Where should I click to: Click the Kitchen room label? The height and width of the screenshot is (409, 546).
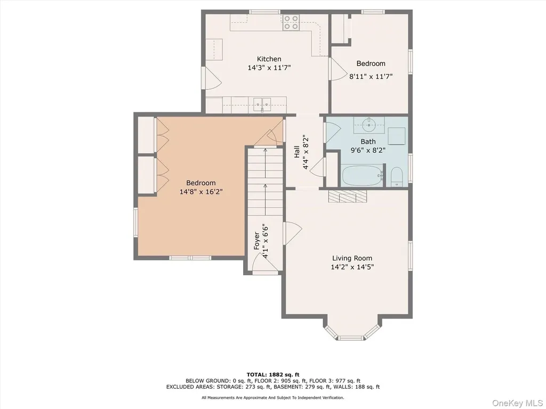click(269, 59)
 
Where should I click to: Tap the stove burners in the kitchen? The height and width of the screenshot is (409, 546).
click(290, 22)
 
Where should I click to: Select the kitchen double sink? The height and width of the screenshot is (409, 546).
click(262, 103)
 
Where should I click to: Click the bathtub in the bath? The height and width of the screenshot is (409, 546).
click(362, 176)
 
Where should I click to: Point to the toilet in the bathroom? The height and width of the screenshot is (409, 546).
click(397, 177)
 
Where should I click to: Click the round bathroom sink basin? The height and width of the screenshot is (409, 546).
click(368, 125)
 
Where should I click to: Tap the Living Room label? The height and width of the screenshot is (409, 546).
click(352, 258)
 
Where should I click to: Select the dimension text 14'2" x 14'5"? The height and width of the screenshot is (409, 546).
click(352, 267)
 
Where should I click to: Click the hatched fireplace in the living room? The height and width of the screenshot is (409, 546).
click(347, 196)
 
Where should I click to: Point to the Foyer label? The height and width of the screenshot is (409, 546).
click(256, 241)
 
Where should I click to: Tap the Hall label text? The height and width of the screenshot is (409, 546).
click(296, 152)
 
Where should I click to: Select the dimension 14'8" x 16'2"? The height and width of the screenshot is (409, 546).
click(201, 192)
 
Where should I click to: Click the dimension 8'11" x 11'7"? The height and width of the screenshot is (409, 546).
click(371, 76)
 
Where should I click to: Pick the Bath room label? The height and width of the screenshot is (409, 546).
click(368, 142)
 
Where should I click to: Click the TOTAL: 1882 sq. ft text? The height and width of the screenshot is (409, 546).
click(273, 374)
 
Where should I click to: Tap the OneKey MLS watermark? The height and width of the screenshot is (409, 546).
click(518, 403)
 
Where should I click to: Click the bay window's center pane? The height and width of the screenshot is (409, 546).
click(352, 338)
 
